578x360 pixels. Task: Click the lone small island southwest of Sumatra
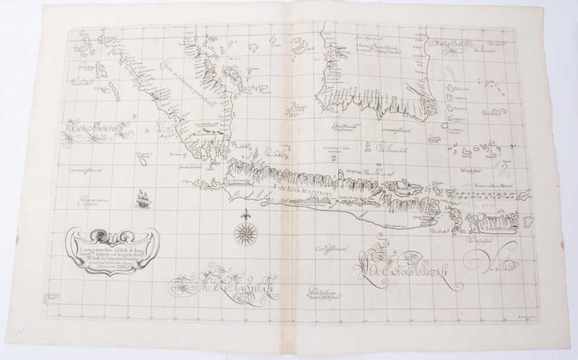coord(143,162)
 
